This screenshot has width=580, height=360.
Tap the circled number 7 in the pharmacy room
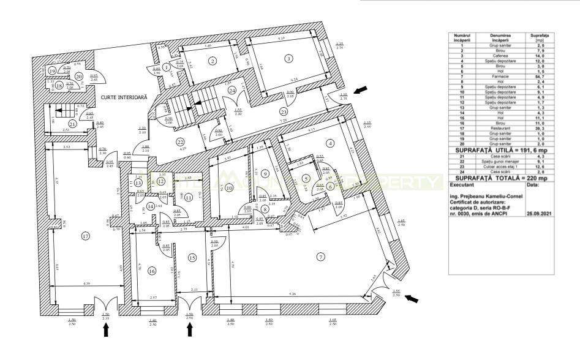tap(320, 256)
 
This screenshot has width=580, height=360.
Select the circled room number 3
tap(287, 59)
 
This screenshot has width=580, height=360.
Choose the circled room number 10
tap(229, 188)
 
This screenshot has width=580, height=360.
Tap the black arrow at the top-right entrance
tap(362, 89)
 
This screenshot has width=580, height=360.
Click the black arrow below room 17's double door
tap(105, 330)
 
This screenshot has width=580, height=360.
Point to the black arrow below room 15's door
tap(189, 330)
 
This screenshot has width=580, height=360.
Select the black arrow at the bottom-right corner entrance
tap(413, 298)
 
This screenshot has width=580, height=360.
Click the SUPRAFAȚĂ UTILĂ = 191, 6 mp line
tap(500, 150)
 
